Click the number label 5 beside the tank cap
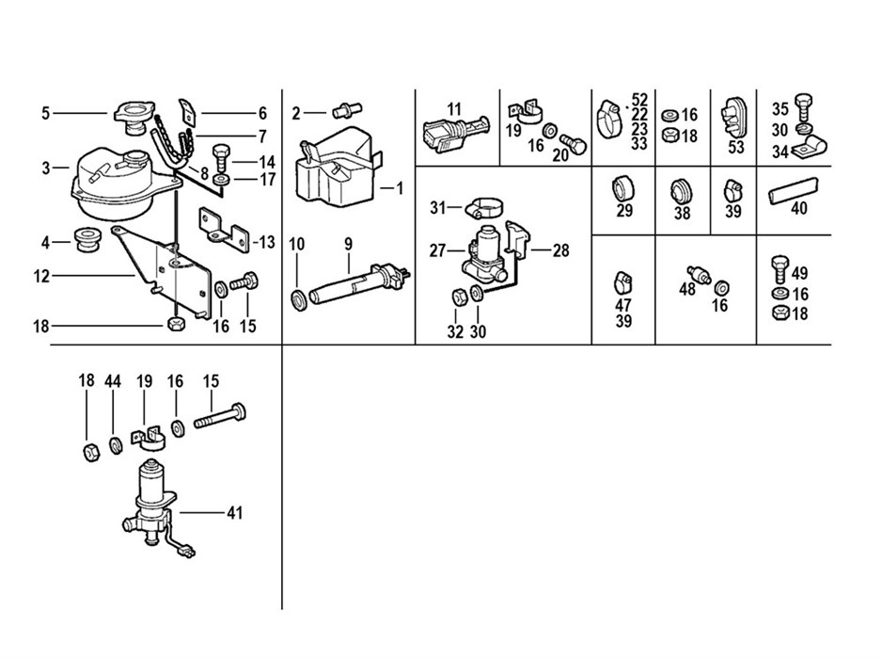point(45,114)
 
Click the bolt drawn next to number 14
point(222,153)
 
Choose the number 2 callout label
point(295,114)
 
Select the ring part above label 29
point(625,185)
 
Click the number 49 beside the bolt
point(799,274)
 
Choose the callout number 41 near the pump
point(234,513)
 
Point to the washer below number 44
point(115,445)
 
